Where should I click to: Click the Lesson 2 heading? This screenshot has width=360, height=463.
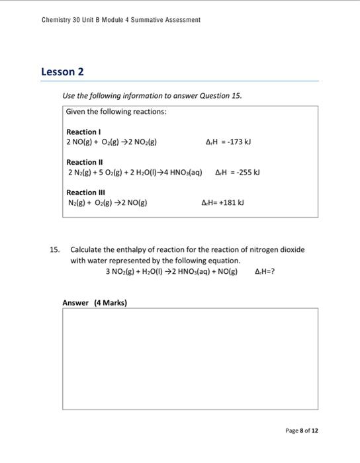(x=62, y=71)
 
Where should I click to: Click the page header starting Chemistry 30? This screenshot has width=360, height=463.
(x=120, y=20)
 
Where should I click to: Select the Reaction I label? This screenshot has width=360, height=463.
(x=83, y=132)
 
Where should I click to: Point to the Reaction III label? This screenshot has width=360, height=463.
(x=85, y=192)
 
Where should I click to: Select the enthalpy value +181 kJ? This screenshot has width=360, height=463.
(x=227, y=203)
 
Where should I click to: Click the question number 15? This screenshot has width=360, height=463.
(x=55, y=250)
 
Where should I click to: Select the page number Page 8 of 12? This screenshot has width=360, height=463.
(x=302, y=431)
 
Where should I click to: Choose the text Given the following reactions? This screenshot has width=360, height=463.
(x=116, y=112)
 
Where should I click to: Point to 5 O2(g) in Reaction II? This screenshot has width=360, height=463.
(x=108, y=173)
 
